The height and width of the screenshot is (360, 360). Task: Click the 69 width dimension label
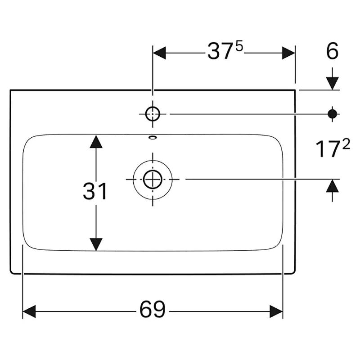point(153,309)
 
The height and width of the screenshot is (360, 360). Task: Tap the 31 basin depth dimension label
point(95,191)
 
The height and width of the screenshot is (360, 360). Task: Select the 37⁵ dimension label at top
point(225,51)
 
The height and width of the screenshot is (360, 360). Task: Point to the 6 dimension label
point(332,51)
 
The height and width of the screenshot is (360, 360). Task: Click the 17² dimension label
point(333,149)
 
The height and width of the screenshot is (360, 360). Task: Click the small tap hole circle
point(153,114)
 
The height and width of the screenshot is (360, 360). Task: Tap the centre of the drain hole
point(153,179)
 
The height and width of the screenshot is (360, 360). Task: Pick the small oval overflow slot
point(153,138)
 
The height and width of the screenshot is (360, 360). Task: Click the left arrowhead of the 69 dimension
point(29,311)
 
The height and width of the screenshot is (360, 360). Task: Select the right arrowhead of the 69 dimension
point(276,311)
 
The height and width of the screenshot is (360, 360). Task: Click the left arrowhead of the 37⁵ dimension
point(159,53)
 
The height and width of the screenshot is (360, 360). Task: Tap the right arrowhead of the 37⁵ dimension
point(288,53)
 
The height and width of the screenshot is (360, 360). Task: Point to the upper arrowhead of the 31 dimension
point(96,141)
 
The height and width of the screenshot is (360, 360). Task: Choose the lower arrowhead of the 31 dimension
point(96,244)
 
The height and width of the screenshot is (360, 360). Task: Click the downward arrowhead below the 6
point(333,84)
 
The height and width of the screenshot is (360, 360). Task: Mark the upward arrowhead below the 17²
point(333,186)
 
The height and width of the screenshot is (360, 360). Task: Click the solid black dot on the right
point(333,114)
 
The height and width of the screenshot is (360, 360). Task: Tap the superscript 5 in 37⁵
point(239,47)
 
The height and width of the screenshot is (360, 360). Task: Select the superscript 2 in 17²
point(346,145)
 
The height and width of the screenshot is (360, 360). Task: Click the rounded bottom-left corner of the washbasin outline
point(12,272)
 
